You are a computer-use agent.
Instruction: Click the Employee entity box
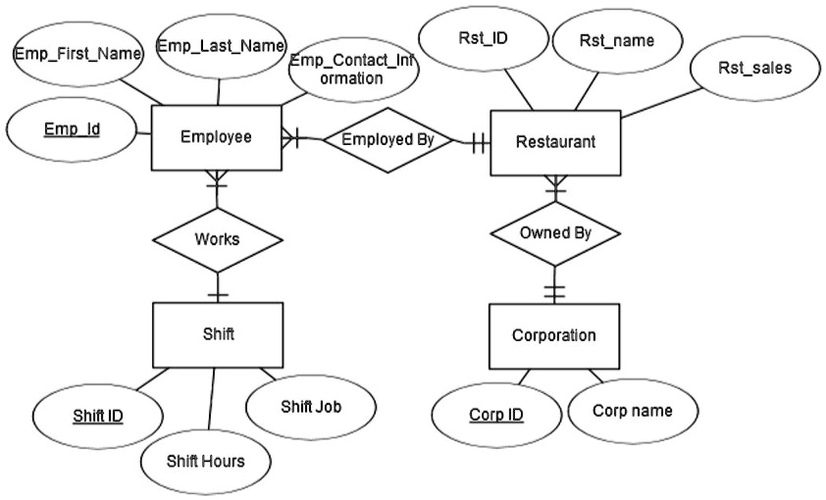click(x=216, y=138)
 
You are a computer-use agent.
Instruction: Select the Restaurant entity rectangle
click(x=555, y=142)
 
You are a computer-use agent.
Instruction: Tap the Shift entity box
click(x=216, y=334)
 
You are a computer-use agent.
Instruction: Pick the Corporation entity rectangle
click(x=554, y=335)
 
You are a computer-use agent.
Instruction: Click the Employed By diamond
click(x=387, y=140)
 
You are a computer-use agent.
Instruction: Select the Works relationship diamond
click(x=217, y=239)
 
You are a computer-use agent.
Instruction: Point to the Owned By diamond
click(x=555, y=234)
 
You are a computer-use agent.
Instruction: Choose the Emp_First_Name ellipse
click(x=77, y=54)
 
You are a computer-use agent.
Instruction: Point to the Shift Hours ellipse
click(x=204, y=460)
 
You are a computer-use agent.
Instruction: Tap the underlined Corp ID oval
click(x=495, y=414)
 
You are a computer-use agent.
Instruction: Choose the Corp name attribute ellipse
click(x=633, y=411)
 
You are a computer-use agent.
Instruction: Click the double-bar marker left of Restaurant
click(x=478, y=142)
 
